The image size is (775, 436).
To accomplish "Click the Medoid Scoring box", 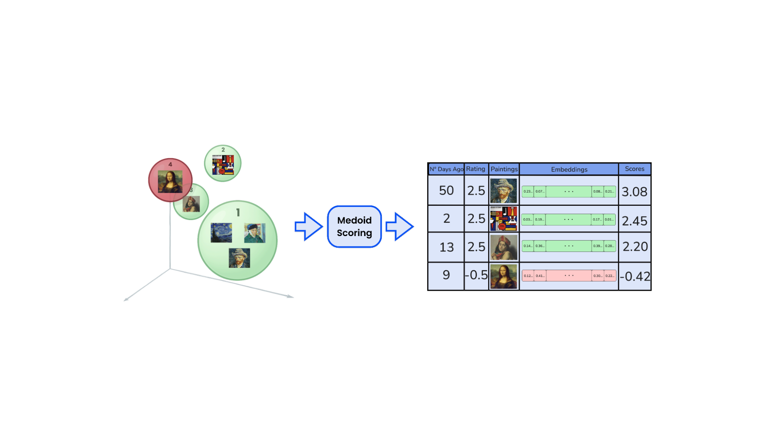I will tap(354, 227).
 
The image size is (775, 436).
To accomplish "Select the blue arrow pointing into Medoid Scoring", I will tap(309, 227).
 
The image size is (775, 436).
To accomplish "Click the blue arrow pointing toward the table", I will tap(399, 227).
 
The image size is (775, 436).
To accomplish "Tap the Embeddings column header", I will tap(569, 169).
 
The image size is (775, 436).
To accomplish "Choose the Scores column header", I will tap(634, 169).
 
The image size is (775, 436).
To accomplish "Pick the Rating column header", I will tap(476, 169).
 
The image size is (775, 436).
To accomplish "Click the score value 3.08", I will tap(634, 191).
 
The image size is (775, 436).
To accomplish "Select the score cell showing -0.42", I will tap(635, 276).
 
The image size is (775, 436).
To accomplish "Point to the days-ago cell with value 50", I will tap(446, 190).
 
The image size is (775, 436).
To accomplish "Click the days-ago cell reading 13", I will tap(446, 247).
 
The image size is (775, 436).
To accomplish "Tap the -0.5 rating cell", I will tap(476, 275).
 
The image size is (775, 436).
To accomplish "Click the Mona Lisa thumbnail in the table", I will tap(504, 276).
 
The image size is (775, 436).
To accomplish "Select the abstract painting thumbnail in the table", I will tap(504, 219).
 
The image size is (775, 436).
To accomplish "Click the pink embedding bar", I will tap(569, 276).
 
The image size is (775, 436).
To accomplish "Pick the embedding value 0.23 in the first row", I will tap(528, 191).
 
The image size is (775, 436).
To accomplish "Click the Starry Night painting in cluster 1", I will tap(221, 233).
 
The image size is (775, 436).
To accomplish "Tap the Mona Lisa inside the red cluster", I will tap(170, 181).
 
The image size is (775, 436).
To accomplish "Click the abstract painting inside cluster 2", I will tap(223, 165).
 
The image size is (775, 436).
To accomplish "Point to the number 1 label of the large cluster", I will tap(238, 212).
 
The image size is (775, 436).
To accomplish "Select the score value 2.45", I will tap(634, 221).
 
